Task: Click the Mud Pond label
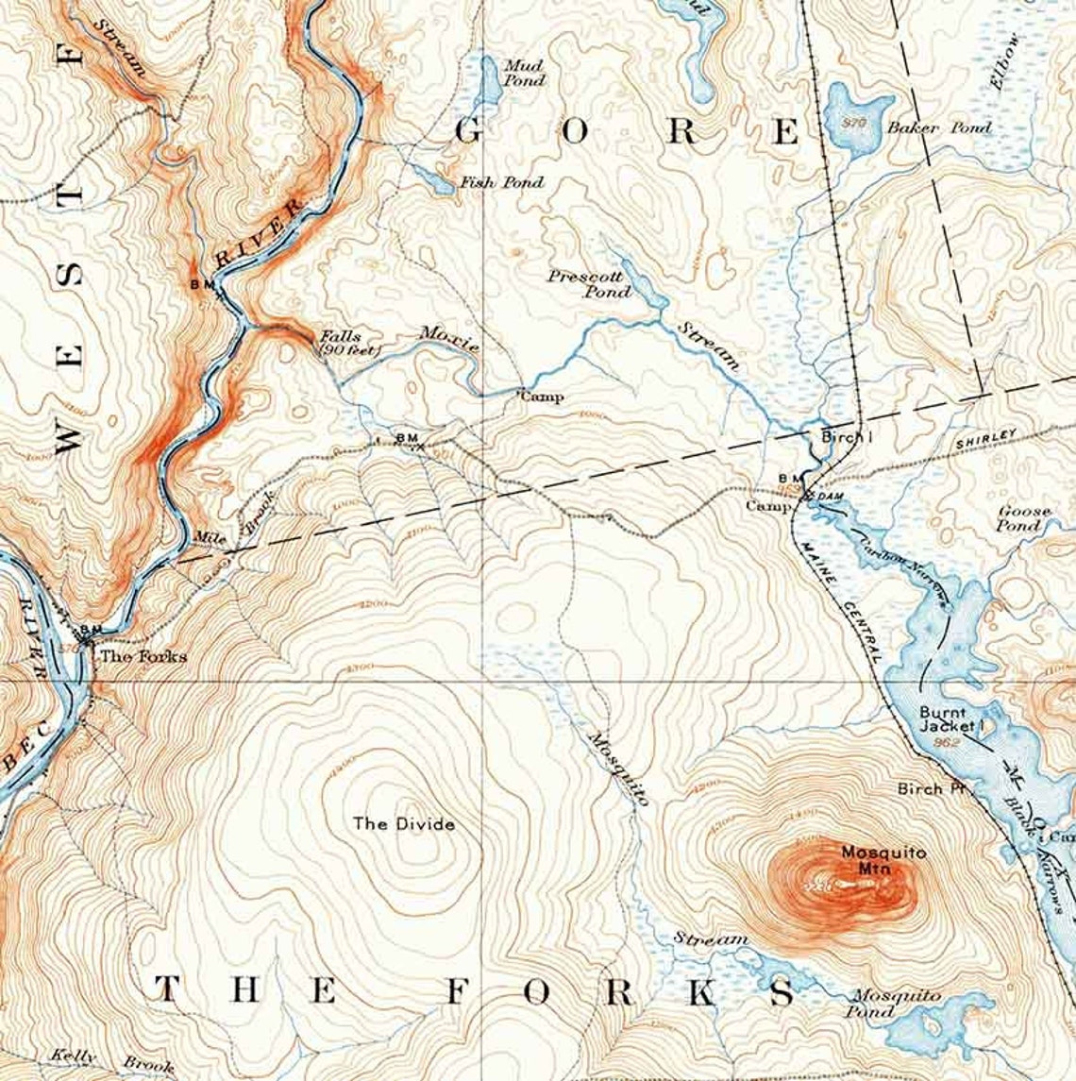524,73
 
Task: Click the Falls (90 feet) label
348,343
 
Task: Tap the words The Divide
404,824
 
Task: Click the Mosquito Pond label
896,1004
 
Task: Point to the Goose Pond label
1023,518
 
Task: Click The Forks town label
143,656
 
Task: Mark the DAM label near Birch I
829,496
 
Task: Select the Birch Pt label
920,788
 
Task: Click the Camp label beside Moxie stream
543,397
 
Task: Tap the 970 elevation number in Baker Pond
856,122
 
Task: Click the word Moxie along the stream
450,339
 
